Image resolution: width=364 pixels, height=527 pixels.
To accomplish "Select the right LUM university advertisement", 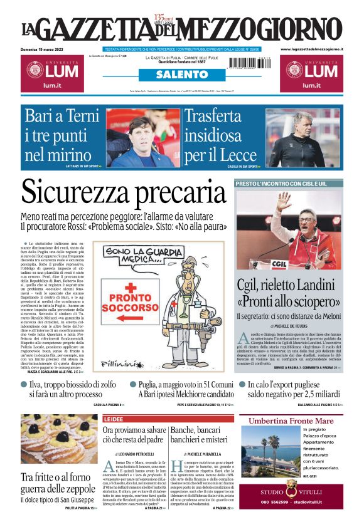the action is pos(311,74).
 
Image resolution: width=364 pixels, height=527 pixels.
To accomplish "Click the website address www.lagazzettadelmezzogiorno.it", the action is pos(311,49).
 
